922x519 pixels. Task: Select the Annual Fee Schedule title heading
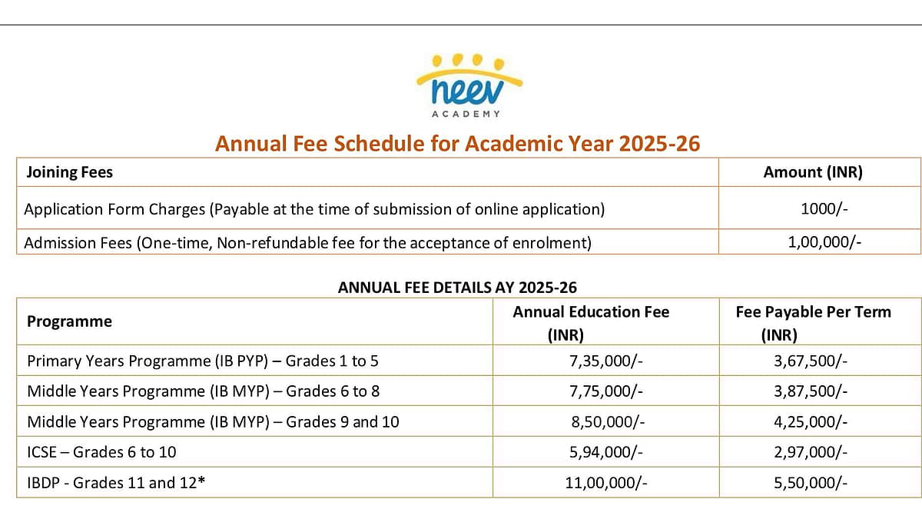coord(458,144)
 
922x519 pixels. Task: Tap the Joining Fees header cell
coord(69,172)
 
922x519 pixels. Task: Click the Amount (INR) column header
coord(813,172)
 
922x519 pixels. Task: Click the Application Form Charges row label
coord(314,209)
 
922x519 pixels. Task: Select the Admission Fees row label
coord(308,243)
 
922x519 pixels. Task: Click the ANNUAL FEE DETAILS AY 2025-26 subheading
coord(458,288)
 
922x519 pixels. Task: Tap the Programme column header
coord(69,321)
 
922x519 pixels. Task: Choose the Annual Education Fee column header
coord(591,312)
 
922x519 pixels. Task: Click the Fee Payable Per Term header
coord(813,312)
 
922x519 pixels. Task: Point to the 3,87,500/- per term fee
coord(811,391)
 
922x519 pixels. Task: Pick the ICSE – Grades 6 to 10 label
coord(101,452)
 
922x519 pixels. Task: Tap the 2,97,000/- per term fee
coord(811,452)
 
